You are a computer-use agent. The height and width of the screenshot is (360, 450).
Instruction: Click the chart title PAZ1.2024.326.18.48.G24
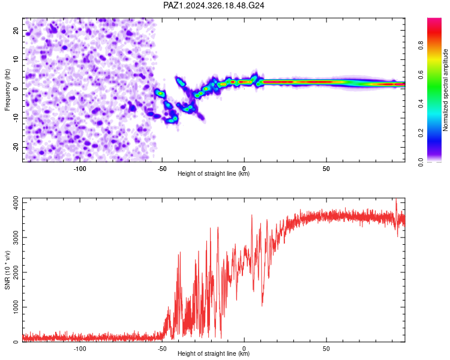(x=214, y=5)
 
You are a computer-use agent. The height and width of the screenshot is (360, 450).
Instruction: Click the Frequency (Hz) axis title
(x=7, y=90)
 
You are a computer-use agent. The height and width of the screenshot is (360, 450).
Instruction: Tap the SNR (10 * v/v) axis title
(x=7, y=270)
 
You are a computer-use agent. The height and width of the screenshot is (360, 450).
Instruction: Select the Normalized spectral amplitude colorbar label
(x=445, y=90)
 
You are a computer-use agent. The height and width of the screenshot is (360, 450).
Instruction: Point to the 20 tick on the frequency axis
(x=16, y=30)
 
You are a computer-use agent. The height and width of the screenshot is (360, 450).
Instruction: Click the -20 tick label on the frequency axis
(x=16, y=148)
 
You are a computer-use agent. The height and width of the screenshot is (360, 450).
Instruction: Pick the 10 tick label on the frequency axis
(x=16, y=59)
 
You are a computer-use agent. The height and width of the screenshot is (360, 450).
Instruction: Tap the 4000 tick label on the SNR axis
(x=16, y=203)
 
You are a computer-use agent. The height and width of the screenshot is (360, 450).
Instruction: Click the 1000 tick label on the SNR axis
(x=16, y=307)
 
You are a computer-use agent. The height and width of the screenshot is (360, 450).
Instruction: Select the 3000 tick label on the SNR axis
(x=16, y=238)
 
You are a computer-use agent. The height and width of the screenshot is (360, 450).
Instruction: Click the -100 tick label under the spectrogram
(x=80, y=169)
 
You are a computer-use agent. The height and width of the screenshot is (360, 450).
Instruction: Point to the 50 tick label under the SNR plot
(x=326, y=349)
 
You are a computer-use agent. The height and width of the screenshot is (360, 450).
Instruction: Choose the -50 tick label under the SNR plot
(x=162, y=349)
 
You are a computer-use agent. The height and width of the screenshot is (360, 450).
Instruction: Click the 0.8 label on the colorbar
(x=421, y=45)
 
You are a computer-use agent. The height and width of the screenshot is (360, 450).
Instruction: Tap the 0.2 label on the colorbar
(x=421, y=133)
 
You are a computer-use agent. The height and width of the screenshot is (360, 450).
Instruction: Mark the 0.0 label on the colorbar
(x=421, y=163)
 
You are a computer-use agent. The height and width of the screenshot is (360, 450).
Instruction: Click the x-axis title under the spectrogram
(x=214, y=173)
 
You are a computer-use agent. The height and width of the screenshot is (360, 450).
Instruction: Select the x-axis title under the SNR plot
(x=214, y=353)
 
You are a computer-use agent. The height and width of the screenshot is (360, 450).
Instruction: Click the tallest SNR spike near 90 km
(x=397, y=199)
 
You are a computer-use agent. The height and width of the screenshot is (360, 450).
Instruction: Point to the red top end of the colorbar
(x=434, y=19)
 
